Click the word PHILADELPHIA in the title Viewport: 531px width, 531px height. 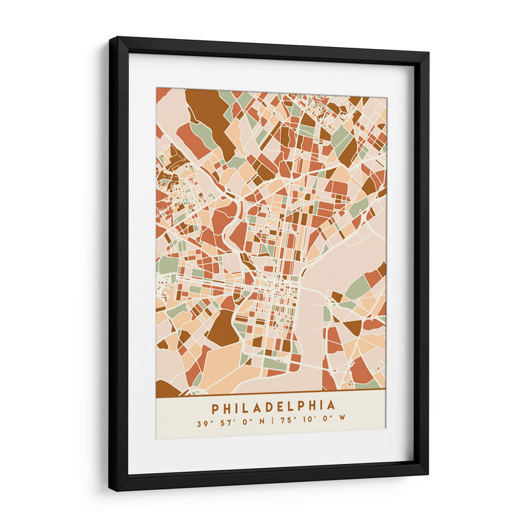coord(273,406)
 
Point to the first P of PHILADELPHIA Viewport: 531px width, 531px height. coord(216,406)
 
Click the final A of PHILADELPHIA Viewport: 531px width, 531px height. coord(331,406)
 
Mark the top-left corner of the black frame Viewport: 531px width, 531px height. coord(111,38)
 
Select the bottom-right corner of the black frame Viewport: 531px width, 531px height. coord(427,474)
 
